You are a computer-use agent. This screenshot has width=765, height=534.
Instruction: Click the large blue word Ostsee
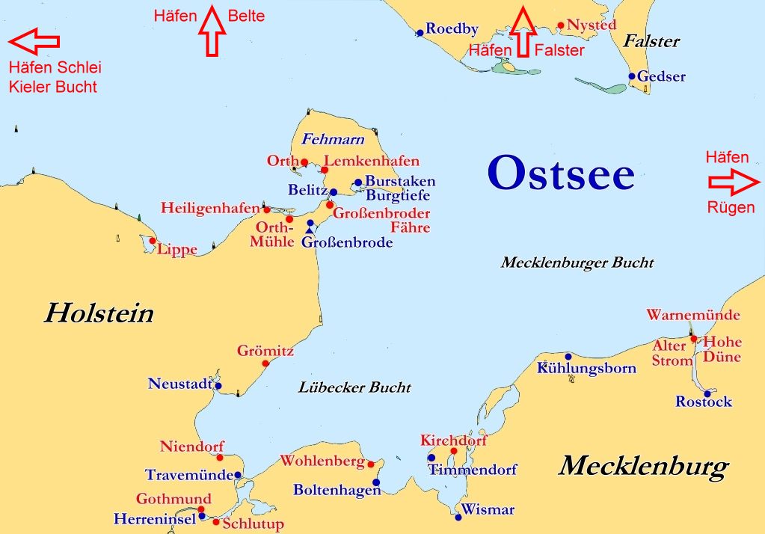[561, 173]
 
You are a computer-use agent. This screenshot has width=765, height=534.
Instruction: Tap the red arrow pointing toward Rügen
[734, 182]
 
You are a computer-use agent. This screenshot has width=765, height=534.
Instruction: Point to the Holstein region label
[98, 313]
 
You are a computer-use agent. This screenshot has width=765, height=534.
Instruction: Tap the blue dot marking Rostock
[707, 393]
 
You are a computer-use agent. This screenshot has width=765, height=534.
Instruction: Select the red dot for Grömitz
[265, 363]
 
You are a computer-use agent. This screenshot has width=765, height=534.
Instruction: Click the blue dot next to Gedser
[632, 76]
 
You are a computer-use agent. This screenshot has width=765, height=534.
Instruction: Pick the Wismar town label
[488, 510]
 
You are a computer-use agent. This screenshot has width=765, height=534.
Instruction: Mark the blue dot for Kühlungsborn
[568, 356]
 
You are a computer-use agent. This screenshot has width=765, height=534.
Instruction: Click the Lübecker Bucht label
[354, 387]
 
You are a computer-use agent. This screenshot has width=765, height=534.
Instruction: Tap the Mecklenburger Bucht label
[577, 263]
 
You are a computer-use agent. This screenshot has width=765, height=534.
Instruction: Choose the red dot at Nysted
[561, 25]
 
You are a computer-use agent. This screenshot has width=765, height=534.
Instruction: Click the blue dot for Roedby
[420, 32]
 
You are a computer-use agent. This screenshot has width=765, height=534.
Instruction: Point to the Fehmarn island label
[333, 139]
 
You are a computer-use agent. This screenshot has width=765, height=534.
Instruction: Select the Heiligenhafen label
[209, 208]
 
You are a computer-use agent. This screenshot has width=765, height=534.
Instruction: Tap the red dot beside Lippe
[153, 241]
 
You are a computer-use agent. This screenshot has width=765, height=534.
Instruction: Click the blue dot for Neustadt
[218, 386]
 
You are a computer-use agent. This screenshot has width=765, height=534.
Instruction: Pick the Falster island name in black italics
[651, 41]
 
